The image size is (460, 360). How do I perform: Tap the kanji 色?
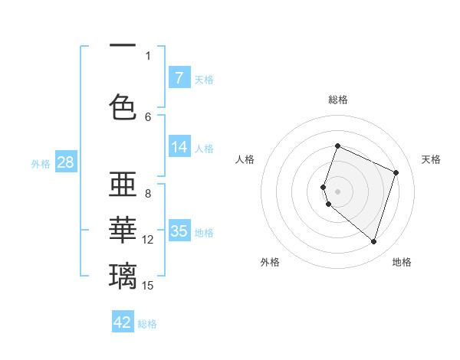(123, 106)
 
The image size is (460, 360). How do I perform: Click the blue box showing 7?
(179, 77)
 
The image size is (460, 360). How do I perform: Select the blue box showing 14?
(179, 147)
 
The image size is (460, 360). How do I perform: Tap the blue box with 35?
(179, 231)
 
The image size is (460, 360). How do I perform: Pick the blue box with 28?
(66, 162)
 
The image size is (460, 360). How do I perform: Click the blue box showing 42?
(123, 322)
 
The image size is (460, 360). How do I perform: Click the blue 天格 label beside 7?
(204, 79)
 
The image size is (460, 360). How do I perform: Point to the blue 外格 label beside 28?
(41, 163)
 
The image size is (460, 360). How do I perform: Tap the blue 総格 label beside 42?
(147, 324)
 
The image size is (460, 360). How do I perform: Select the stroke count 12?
(148, 240)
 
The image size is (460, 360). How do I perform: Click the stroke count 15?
(148, 286)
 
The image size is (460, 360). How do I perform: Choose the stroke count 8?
(148, 193)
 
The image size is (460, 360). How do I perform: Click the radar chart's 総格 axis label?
(338, 100)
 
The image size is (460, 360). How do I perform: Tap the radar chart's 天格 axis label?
(431, 159)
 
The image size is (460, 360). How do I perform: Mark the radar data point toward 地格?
(373, 241)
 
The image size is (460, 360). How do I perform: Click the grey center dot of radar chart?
(338, 191)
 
